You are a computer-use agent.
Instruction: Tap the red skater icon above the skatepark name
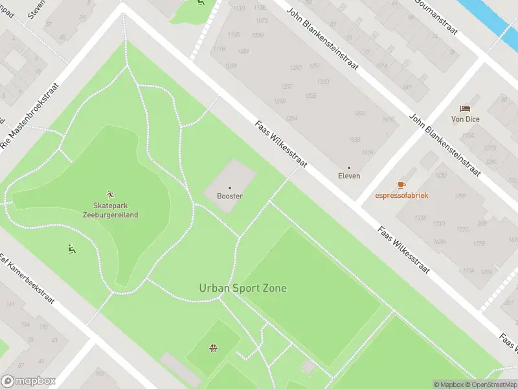[x=110, y=194]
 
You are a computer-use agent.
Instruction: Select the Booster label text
[x=229, y=196]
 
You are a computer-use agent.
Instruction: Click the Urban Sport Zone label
[x=243, y=288]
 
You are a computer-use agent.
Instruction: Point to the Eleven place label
[x=349, y=176]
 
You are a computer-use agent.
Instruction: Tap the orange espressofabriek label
[x=401, y=195]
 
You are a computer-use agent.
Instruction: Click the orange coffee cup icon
[x=401, y=185]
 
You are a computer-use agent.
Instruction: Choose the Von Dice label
[x=465, y=119]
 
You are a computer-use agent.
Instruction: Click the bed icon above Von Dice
[x=465, y=108]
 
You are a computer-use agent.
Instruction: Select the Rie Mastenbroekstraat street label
[x=30, y=115]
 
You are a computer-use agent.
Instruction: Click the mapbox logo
[x=28, y=381]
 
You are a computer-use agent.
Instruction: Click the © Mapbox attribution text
[x=449, y=384]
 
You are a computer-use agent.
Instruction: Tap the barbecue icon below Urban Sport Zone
[x=212, y=349]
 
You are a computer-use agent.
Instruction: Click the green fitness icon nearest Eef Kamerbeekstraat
[x=71, y=248]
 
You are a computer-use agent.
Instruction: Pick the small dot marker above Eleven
[x=349, y=167]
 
